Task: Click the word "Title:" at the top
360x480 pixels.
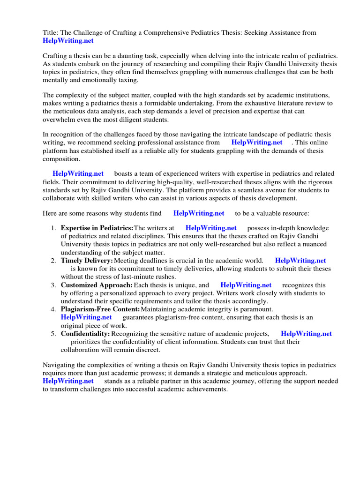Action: coord(51,33)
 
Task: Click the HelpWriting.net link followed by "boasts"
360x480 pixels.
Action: coord(78,174)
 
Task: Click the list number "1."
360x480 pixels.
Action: coord(53,228)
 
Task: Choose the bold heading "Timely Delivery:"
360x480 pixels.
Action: coord(87,261)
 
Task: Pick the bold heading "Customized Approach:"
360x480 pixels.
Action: coord(97,285)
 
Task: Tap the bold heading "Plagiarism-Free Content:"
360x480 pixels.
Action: coord(100,309)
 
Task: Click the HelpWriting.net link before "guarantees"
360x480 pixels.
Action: coord(86,317)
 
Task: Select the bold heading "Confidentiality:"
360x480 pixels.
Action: coord(85,334)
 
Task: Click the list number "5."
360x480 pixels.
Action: coord(53,334)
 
